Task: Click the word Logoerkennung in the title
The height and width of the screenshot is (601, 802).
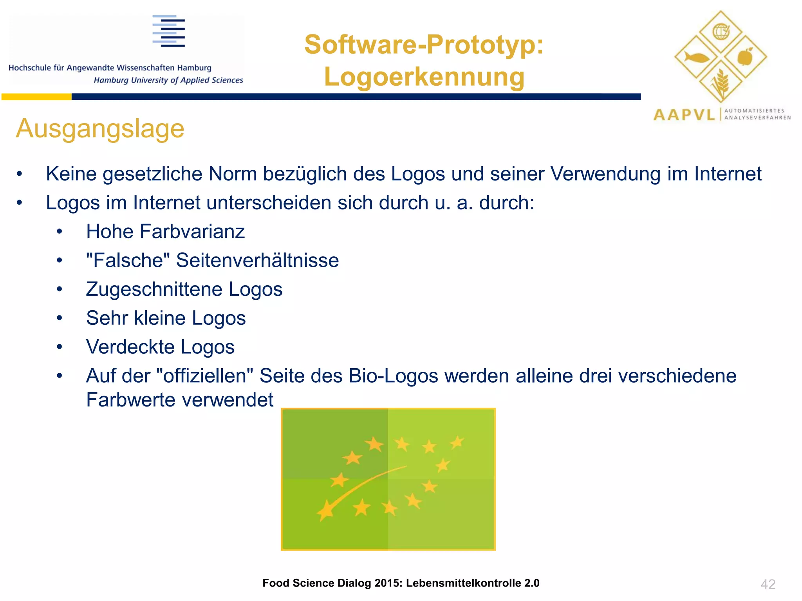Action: pyautogui.click(x=424, y=77)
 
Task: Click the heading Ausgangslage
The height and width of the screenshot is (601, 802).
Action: pyautogui.click(x=100, y=129)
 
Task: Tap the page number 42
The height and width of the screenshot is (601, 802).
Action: pyautogui.click(x=768, y=584)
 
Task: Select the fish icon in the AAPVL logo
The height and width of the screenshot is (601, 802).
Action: pyautogui.click(x=696, y=58)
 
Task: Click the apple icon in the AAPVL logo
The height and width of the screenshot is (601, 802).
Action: pyautogui.click(x=745, y=57)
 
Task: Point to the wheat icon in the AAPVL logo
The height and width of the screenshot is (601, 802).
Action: pyautogui.click(x=721, y=83)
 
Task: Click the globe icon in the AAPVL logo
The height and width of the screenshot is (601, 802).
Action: pyautogui.click(x=721, y=32)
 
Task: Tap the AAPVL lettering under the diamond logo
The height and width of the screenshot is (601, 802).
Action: pyautogui.click(x=684, y=115)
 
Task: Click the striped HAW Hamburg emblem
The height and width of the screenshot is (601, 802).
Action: pyautogui.click(x=169, y=31)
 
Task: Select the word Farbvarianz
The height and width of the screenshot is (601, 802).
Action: pyautogui.click(x=192, y=232)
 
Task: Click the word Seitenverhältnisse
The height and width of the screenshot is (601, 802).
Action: pyautogui.click(x=257, y=261)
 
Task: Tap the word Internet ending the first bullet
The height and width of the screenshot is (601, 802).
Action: pyautogui.click(x=728, y=174)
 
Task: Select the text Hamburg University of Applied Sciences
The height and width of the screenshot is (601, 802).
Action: pyautogui.click(x=168, y=80)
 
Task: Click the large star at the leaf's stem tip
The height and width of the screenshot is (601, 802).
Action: pyautogui.click(x=325, y=511)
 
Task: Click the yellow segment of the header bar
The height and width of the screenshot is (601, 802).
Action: pyautogui.click(x=36, y=97)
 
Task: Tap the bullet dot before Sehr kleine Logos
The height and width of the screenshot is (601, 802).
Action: pyautogui.click(x=59, y=318)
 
